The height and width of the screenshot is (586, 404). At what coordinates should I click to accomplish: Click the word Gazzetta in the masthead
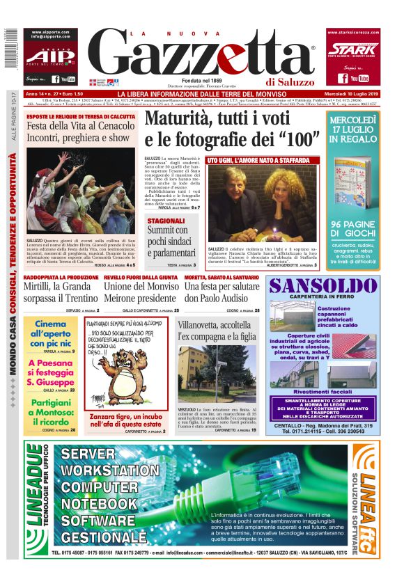tap(209, 55)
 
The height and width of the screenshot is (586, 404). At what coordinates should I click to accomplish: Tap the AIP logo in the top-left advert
tap(47, 56)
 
